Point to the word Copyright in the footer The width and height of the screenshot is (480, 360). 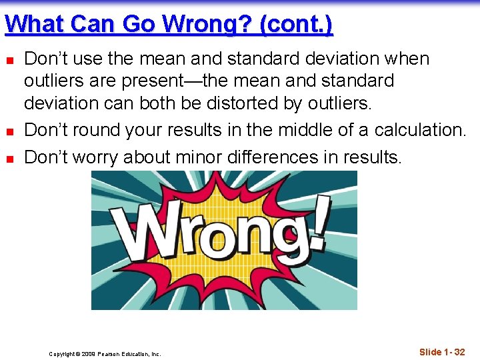pyautogui.click(x=62, y=354)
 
